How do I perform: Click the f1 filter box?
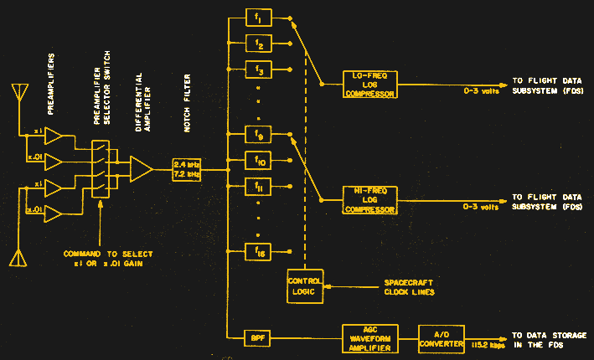(x=260, y=17)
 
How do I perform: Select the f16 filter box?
(x=260, y=249)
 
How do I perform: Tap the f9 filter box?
(x=260, y=132)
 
